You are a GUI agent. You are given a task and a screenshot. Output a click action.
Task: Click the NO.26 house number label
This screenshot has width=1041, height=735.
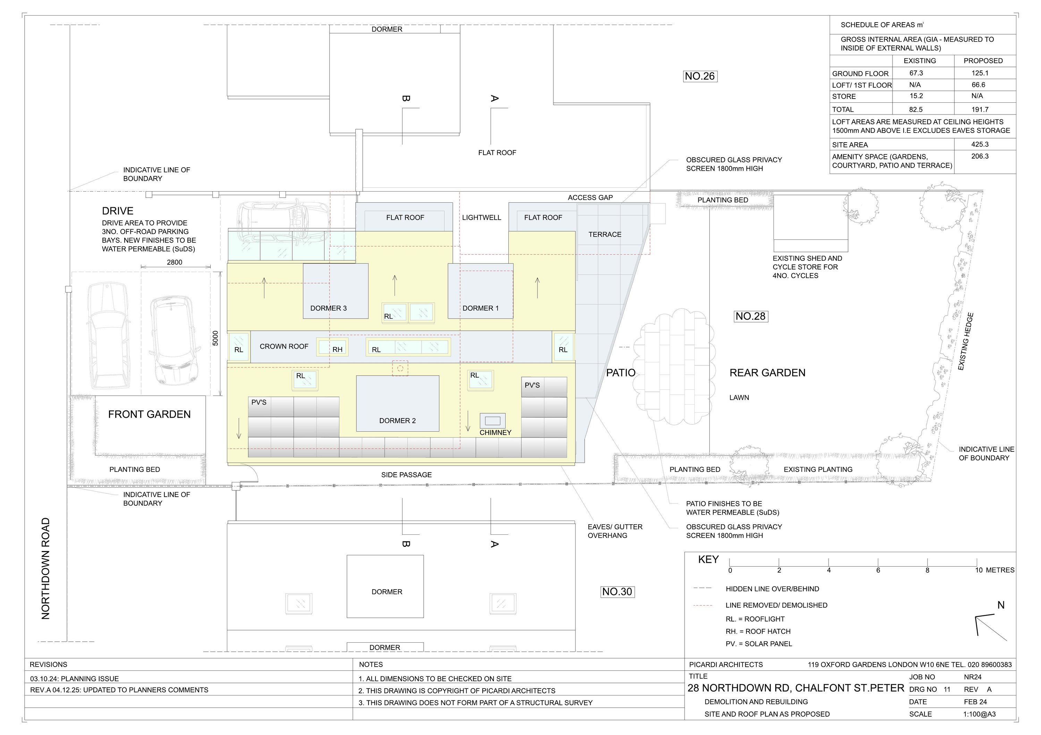700,76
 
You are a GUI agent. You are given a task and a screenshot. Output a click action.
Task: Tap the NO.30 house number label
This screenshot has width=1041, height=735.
617,592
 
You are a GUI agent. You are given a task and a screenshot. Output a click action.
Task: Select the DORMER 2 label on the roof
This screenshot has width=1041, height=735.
397,421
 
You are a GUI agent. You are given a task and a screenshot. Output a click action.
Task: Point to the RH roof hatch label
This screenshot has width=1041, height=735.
337,349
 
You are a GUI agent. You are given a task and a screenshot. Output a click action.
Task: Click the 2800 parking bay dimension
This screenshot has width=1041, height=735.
175,262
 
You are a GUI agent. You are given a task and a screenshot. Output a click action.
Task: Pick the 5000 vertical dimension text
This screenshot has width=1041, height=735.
215,338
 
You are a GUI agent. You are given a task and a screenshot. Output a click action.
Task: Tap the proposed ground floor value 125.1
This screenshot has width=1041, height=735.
980,73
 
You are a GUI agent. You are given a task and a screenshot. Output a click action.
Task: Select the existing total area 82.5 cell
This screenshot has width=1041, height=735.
916,109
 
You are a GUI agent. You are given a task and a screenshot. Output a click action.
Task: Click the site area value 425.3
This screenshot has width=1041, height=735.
980,144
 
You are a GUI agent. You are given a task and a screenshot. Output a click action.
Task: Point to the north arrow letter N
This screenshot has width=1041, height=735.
1001,605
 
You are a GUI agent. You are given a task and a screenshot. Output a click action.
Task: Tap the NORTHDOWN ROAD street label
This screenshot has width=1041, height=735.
45,568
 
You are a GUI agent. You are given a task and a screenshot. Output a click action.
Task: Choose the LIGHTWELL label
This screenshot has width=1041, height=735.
482,218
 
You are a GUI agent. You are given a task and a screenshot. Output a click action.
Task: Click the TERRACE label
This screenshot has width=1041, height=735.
605,235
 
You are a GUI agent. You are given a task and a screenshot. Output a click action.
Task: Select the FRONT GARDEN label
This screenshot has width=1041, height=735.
149,414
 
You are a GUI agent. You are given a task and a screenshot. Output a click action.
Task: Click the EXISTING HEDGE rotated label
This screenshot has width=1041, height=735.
965,341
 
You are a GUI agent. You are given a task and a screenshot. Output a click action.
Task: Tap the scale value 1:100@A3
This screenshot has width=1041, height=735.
979,714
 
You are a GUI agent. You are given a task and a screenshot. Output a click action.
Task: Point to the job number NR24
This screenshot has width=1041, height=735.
973,677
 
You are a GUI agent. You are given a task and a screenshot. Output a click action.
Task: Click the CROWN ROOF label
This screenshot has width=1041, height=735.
284,346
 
